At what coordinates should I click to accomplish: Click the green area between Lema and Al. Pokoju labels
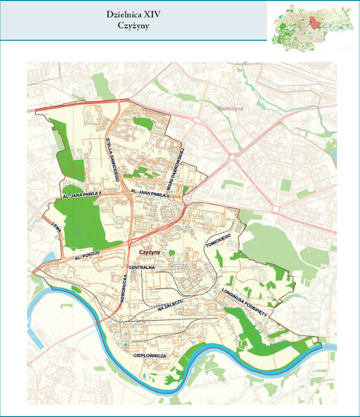click(80, 228)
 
